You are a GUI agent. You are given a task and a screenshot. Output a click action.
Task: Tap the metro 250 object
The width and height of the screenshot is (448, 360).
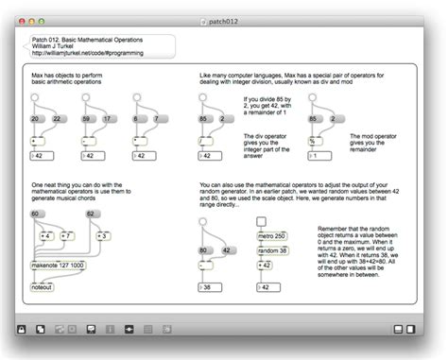[273, 235]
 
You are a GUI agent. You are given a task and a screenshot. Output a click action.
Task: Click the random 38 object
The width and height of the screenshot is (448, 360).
[274, 249]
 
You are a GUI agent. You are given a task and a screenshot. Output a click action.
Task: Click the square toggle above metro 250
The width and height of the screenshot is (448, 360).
[262, 221]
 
